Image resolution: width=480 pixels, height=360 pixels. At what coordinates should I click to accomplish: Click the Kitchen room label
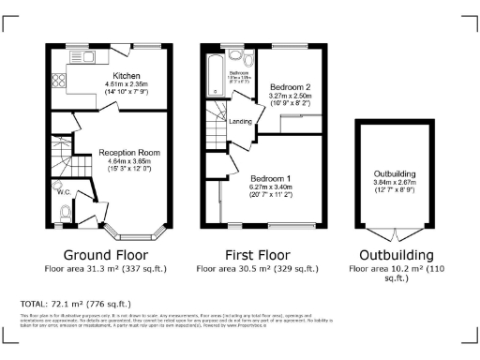coord(127,75)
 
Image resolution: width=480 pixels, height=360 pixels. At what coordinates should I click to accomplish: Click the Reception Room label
coord(129,152)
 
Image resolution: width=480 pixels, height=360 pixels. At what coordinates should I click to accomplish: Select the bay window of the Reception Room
coord(127,228)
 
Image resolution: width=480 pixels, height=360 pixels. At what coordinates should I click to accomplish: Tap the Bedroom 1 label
coord(270,177)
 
